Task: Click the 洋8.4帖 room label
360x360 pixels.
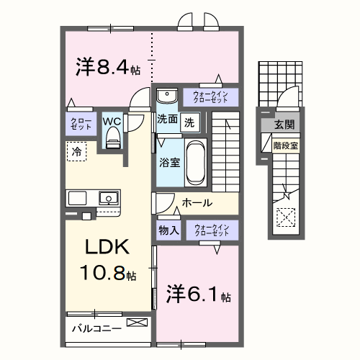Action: [108, 68]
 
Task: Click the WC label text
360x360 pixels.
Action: [112, 121]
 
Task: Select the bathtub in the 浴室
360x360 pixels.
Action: [196, 162]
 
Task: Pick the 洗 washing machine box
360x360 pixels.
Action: [189, 122]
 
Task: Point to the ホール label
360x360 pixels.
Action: [197, 204]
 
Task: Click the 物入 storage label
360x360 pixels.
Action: [168, 231]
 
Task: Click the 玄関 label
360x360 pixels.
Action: [284, 125]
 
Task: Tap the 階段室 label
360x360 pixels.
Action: [284, 145]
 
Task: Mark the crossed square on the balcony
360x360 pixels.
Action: [135, 323]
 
